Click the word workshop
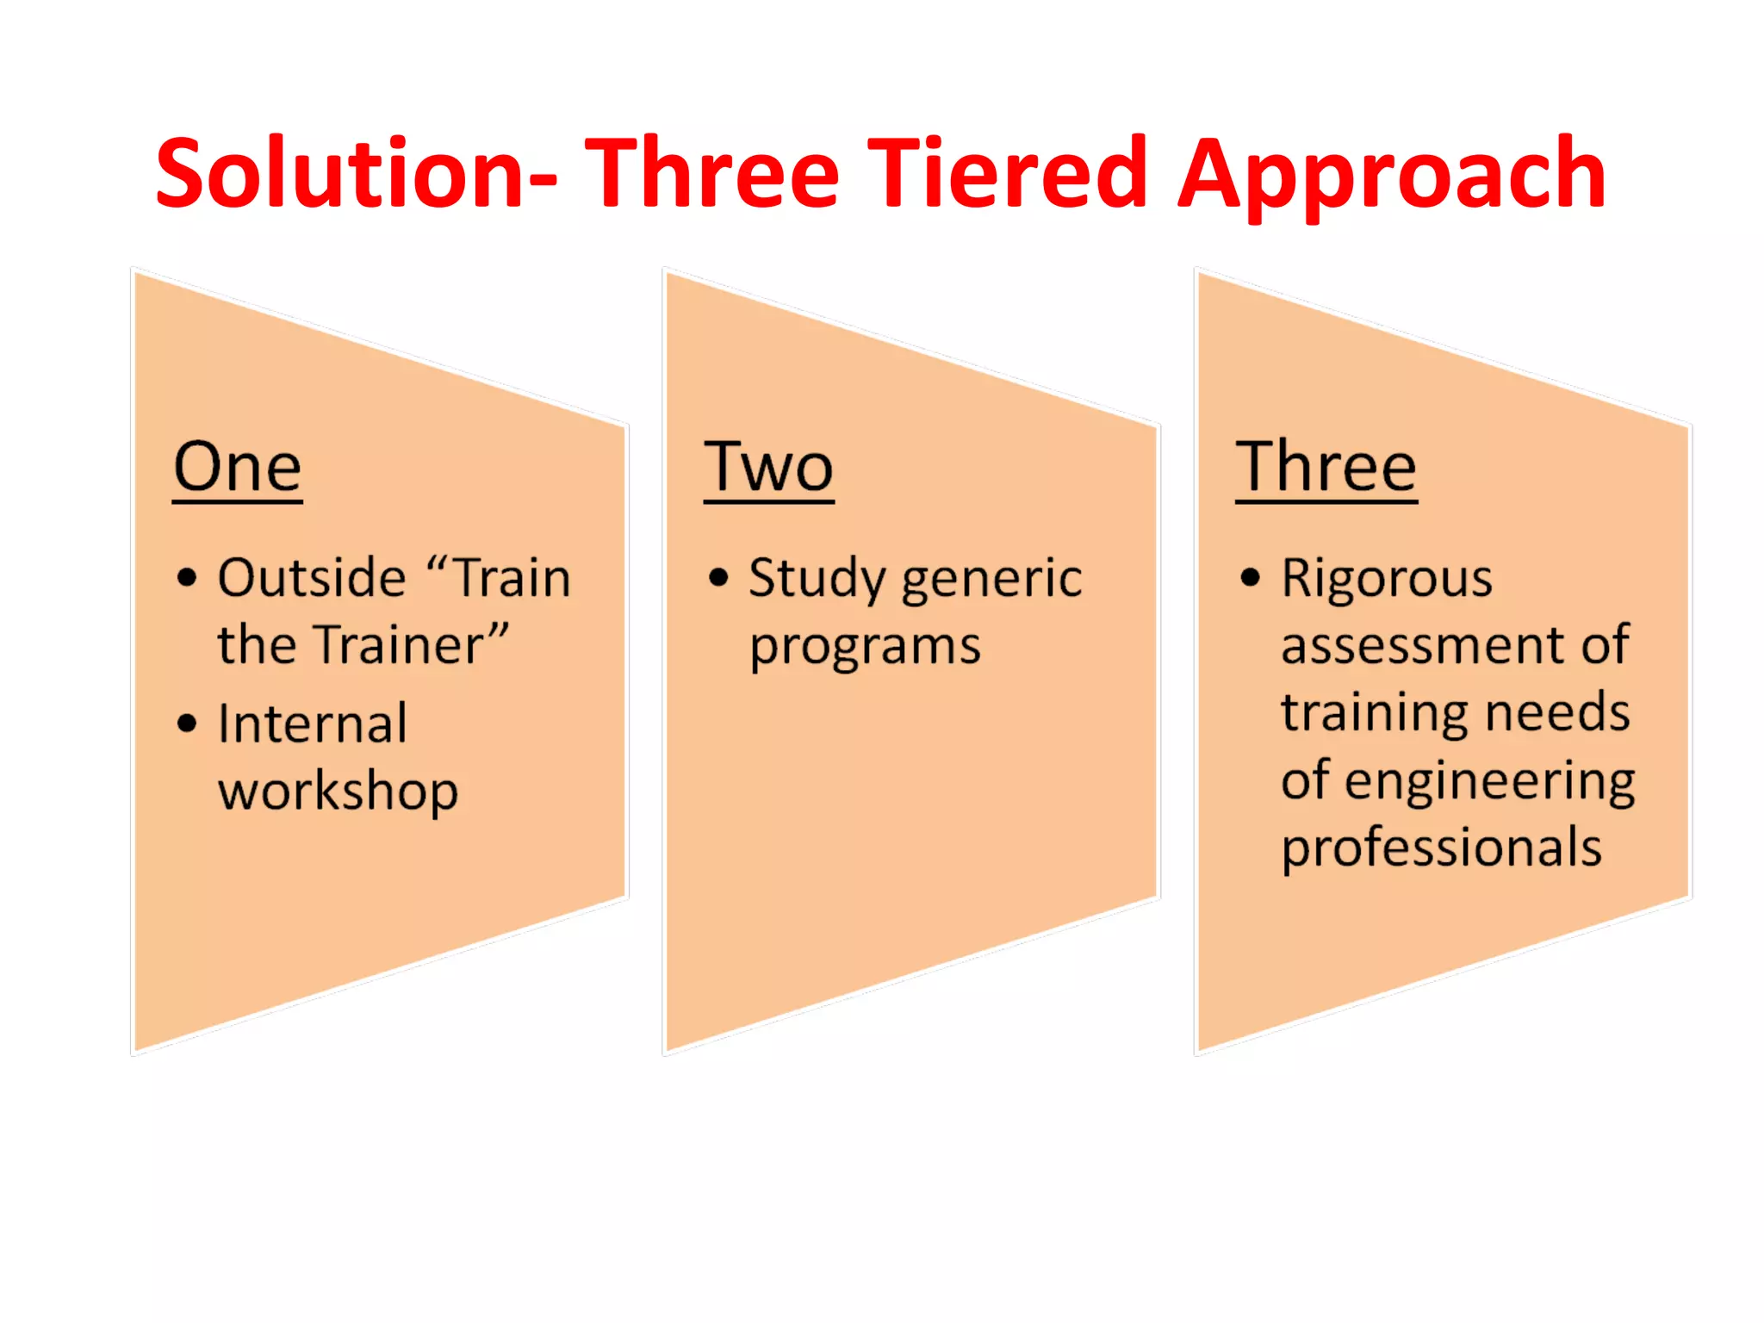click(338, 792)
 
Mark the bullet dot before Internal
click(187, 724)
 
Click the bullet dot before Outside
click(187, 577)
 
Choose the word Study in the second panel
click(817, 580)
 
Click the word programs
click(865, 648)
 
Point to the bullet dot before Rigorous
click(1251, 577)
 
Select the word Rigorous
click(1387, 580)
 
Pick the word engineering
click(1489, 782)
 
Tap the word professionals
click(1441, 849)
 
